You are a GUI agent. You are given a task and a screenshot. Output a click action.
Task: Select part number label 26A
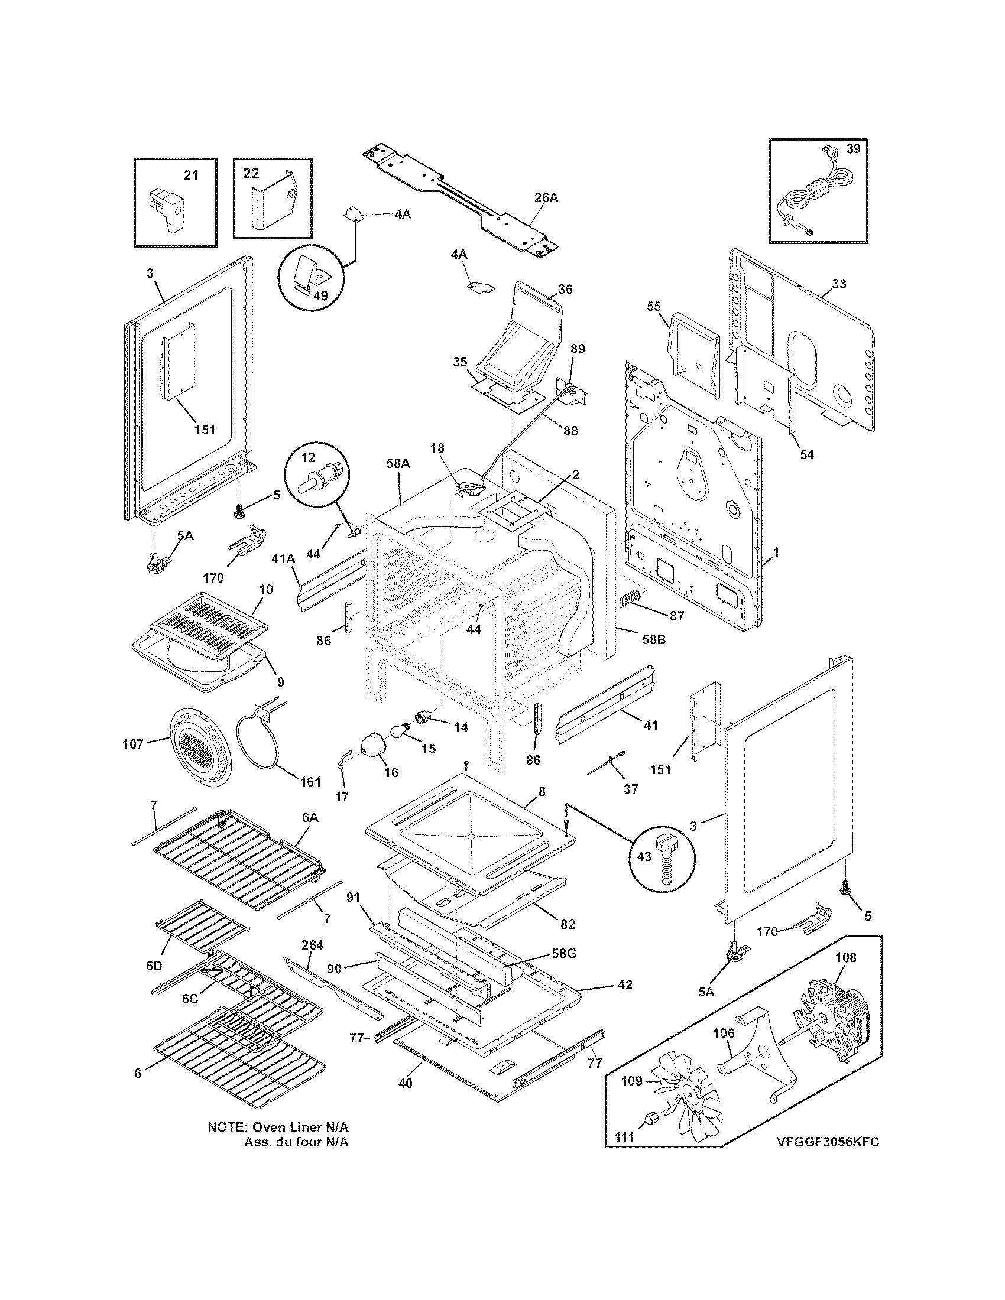click(546, 198)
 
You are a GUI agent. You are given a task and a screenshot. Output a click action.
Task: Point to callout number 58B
click(653, 641)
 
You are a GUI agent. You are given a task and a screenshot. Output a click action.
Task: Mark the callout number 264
click(312, 945)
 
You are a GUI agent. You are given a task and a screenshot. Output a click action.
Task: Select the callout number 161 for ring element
click(310, 781)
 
